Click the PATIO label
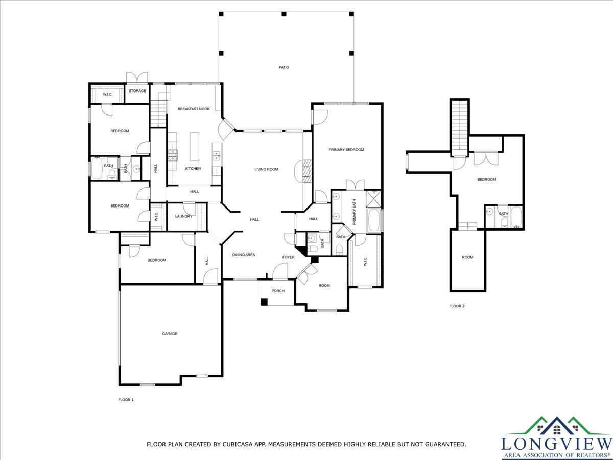tap(284, 67)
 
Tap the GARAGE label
tap(170, 333)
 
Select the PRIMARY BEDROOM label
tap(346, 150)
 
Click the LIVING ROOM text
tap(266, 169)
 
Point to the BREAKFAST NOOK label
tap(194, 109)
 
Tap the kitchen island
tap(195, 147)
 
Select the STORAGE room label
tap(137, 91)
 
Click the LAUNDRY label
tap(183, 216)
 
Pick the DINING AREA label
tap(244, 255)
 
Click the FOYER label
tap(288, 257)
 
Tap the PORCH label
tap(278, 291)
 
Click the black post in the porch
tap(264, 302)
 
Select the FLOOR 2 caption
tap(457, 306)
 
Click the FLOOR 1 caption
tap(126, 400)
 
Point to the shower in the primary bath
tap(373, 198)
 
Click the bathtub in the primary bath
tap(374, 220)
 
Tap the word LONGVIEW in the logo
tap(557, 444)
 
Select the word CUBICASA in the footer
tap(234, 444)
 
